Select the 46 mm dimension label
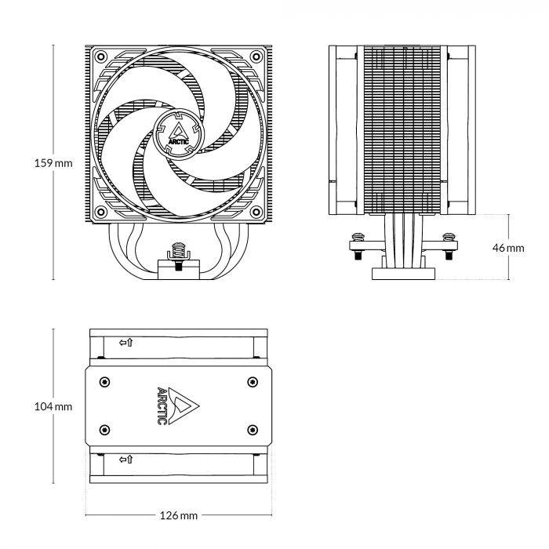(x=508, y=247)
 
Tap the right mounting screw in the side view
(x=449, y=235)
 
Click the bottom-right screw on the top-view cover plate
(x=251, y=429)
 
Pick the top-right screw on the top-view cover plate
(x=251, y=382)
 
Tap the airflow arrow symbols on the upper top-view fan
(x=125, y=343)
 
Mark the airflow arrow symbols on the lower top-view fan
(x=125, y=459)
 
